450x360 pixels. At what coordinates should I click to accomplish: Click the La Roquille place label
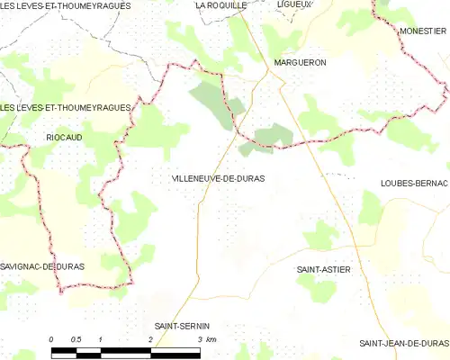point(221,5)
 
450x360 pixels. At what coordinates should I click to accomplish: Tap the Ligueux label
point(294,4)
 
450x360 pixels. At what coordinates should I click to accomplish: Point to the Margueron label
point(300,62)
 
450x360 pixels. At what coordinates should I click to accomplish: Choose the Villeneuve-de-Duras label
point(218,178)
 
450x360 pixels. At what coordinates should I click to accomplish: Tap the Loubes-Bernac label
point(414,183)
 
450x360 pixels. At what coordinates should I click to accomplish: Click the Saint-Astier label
point(323,269)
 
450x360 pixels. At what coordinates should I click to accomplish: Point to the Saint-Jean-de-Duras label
point(403,343)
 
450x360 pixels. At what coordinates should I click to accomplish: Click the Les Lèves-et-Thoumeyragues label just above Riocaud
point(66,108)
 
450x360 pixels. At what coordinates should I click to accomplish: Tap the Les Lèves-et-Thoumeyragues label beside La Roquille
point(66,5)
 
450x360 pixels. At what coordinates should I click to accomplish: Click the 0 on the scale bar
point(51,338)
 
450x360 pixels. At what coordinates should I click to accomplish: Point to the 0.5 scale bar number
point(76,338)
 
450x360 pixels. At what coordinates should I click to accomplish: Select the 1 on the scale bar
point(101,338)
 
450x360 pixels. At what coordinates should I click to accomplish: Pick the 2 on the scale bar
point(149,338)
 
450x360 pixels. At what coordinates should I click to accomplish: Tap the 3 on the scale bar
point(199,338)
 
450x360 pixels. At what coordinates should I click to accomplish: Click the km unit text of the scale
point(213,338)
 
